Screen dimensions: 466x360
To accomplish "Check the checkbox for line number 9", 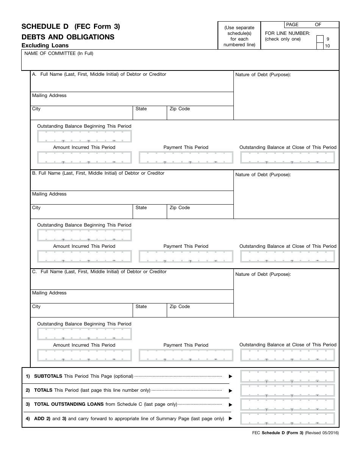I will pos(320,39).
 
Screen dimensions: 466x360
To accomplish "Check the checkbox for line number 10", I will pos(320,46).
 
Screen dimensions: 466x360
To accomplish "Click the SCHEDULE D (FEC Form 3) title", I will pos(70,27).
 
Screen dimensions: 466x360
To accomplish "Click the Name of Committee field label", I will pos(59,53).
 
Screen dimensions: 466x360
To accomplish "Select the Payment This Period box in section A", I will pos(186,158).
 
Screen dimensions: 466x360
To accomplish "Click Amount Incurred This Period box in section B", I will pos(85,256).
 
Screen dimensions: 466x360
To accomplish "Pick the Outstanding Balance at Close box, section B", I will pos(288,256).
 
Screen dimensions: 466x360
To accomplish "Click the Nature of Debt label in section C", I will pos(263,274).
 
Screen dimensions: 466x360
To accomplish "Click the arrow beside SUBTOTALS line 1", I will pos(230,377).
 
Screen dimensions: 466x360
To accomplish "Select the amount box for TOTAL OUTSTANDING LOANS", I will pos(288,404).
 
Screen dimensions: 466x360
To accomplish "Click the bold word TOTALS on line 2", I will pos(43,390).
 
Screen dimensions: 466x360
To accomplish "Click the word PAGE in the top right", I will pos(292,25).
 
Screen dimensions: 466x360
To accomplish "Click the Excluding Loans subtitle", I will pos(45,45).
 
